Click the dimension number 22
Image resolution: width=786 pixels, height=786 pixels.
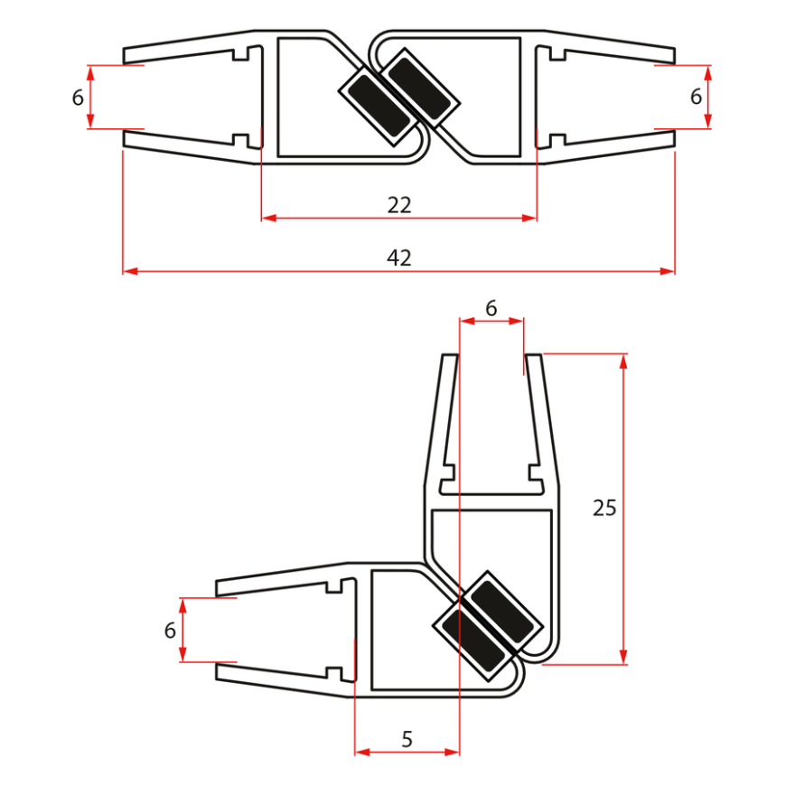coord(398,205)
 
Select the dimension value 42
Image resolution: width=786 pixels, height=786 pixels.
coord(398,258)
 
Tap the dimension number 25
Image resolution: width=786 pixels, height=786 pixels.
coord(604,508)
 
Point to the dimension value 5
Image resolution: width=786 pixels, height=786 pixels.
coord(407,740)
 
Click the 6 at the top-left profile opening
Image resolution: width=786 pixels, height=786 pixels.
coord(78,98)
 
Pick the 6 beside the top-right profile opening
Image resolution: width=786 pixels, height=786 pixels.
coord(696,97)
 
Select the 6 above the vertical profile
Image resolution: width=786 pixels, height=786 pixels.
coord(491,308)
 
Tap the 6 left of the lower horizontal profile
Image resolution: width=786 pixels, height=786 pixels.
coord(170,631)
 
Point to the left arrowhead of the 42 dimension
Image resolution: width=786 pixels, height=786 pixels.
coord(129,271)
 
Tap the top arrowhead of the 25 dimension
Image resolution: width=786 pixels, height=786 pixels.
coord(623,360)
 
